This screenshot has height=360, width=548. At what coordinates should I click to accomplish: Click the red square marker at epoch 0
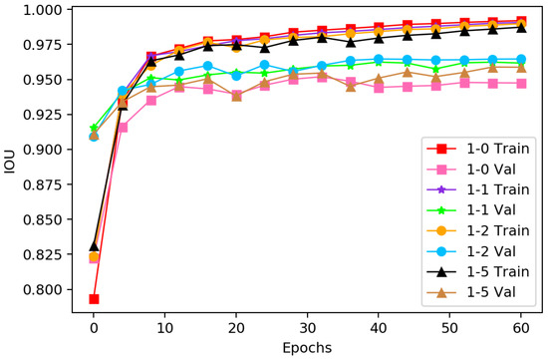click(94, 298)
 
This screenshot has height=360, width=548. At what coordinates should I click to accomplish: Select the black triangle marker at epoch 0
click(94, 245)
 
